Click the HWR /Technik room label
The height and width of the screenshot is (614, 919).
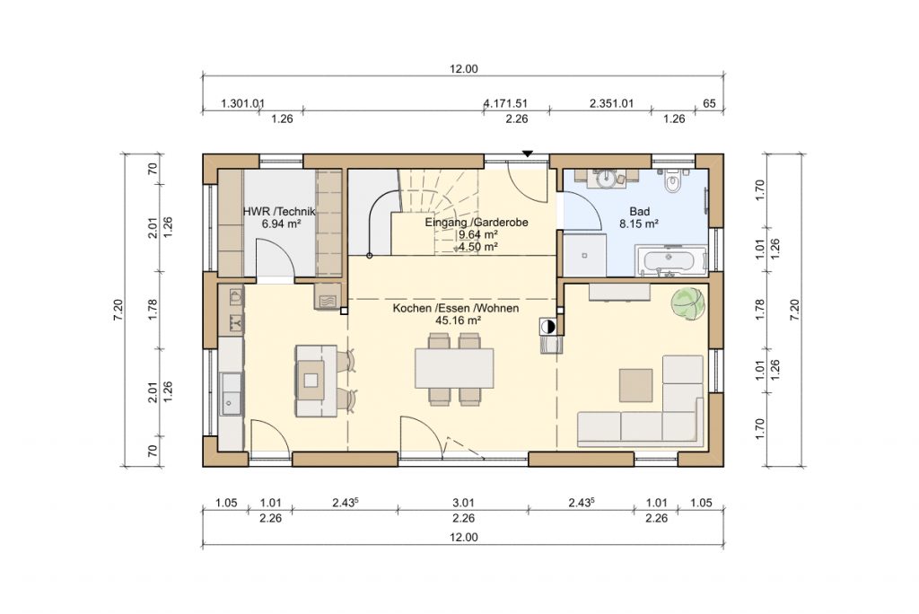(x=280, y=211)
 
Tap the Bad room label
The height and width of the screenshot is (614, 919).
(x=639, y=211)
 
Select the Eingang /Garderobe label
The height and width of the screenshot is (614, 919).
(x=477, y=223)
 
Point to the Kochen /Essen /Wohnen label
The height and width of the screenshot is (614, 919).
(x=456, y=308)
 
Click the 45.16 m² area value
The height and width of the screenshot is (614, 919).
(x=459, y=320)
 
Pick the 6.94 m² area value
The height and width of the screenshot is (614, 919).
(x=281, y=224)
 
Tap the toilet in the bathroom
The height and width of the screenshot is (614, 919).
(x=672, y=180)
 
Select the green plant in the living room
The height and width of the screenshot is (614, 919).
(x=687, y=303)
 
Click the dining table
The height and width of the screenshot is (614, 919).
(x=454, y=368)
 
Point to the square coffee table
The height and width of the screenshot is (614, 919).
(x=636, y=385)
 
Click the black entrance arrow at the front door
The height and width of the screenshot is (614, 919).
(x=528, y=153)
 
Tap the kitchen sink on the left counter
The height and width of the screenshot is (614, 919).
(x=232, y=393)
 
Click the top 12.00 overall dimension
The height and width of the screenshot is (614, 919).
(x=464, y=68)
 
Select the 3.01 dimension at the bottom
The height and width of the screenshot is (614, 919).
(x=463, y=503)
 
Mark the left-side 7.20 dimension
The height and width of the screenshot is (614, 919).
(x=118, y=310)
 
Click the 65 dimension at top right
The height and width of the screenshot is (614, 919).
(x=709, y=104)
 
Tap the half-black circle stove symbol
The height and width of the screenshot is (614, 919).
(x=547, y=327)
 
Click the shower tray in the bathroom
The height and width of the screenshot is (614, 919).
(x=584, y=255)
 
